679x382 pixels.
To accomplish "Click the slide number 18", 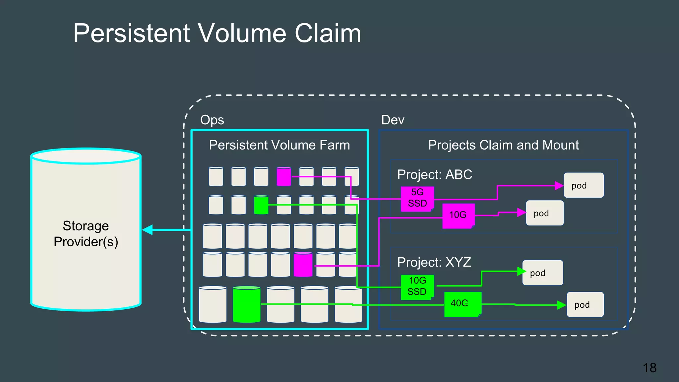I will [649, 368].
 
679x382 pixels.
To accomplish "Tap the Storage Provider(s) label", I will [86, 234].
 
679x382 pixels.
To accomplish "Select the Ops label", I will [212, 120].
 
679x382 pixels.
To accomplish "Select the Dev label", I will [393, 120].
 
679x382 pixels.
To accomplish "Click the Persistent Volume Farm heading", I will [279, 145].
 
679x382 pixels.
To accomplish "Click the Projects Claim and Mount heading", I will [503, 145].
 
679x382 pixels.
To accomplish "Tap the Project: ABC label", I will [434, 175].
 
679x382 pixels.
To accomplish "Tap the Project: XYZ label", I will [434, 262].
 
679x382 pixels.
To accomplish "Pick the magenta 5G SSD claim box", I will [417, 198].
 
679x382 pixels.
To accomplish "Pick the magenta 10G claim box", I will [458, 216].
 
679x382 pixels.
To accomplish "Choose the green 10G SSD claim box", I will [417, 287].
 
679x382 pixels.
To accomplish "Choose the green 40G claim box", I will [462, 304].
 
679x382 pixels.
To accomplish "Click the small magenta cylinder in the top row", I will [284, 177].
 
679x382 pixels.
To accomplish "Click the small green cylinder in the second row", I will [261, 205].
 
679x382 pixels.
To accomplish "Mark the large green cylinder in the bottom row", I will [246, 304].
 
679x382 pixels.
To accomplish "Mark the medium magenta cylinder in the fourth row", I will [303, 265].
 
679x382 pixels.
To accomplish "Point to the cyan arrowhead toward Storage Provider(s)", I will [148, 229].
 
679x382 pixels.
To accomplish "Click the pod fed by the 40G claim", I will [585, 304].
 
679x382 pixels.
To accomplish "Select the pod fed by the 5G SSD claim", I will [584, 185].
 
